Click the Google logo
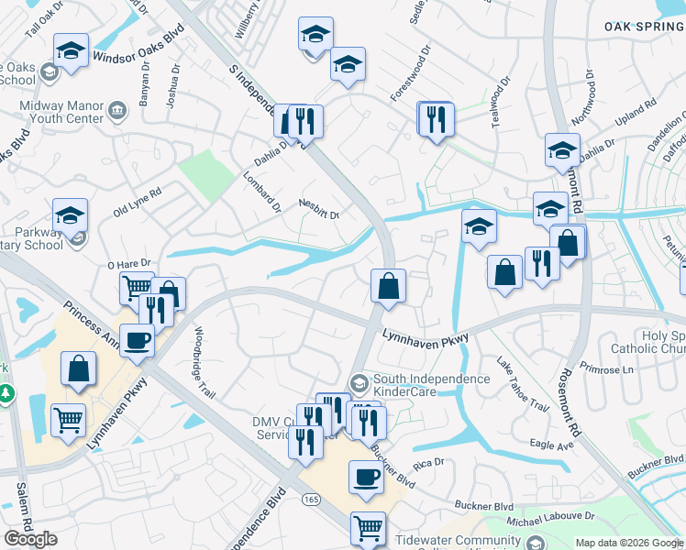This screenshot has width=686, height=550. pyautogui.click(x=30, y=539)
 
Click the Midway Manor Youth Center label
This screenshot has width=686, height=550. pyautogui.click(x=62, y=112)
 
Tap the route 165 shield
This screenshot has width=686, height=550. pyautogui.click(x=312, y=500)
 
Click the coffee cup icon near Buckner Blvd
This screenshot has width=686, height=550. pyautogui.click(x=366, y=477)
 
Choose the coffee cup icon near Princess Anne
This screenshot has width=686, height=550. pyautogui.click(x=137, y=340)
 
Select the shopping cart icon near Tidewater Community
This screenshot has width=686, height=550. pyautogui.click(x=368, y=527)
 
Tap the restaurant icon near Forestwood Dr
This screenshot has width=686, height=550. pyautogui.click(x=436, y=118)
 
